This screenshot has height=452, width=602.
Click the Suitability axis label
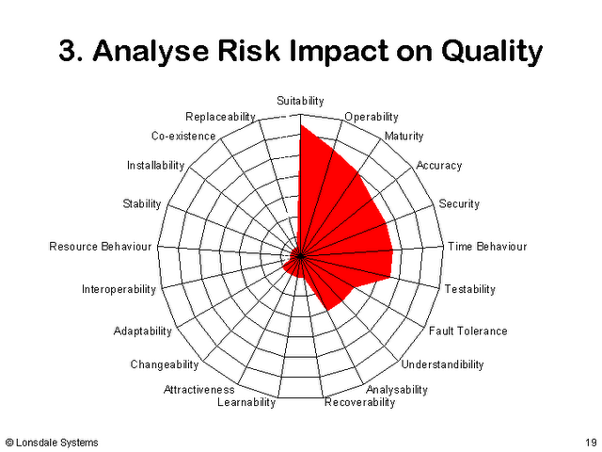point(300,101)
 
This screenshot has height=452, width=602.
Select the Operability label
point(372,117)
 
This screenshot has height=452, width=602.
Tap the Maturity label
point(404,137)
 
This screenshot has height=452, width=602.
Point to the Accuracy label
point(439,166)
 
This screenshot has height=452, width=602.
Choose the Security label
point(459,204)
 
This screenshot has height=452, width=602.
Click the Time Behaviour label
point(487,247)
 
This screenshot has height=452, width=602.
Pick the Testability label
point(470,289)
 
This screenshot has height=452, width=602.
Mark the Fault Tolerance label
point(468,331)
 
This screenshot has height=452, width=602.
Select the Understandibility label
point(442,364)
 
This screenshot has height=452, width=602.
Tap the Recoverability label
point(359,402)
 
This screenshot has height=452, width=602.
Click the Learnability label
point(246,402)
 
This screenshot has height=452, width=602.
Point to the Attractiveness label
point(198,390)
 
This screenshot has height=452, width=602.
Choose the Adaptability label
point(142,331)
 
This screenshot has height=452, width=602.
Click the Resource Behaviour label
point(101,247)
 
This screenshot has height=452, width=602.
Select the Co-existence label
point(183,136)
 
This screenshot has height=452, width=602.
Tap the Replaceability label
point(220,117)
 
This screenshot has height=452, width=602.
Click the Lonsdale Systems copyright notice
point(53,443)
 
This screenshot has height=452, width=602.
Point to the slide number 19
point(592,443)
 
